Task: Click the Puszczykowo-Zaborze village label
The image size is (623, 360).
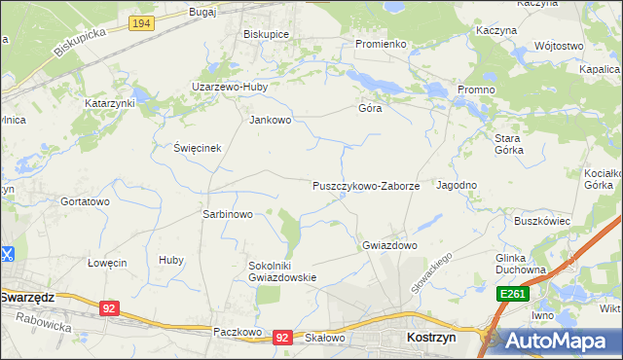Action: (x=365, y=185)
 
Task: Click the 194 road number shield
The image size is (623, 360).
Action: (x=141, y=23)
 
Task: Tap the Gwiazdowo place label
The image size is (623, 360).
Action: (x=389, y=245)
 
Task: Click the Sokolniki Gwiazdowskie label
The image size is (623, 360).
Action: (x=283, y=270)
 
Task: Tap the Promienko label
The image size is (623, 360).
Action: (x=380, y=44)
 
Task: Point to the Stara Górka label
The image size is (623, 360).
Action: (x=508, y=144)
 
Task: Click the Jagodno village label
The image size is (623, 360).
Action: (x=456, y=185)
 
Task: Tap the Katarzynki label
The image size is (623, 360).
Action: (x=108, y=102)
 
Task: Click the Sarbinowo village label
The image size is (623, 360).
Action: (x=227, y=214)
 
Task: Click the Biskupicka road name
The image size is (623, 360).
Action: (x=79, y=42)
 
